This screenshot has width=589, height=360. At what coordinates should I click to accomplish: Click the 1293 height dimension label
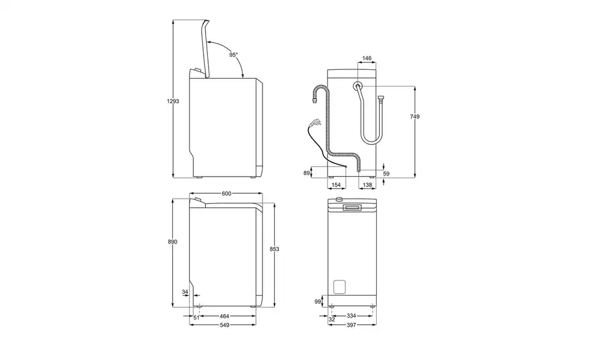[x=173, y=101]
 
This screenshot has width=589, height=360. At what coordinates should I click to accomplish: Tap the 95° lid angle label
[x=234, y=55]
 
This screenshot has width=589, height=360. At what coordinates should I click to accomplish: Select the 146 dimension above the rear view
[x=367, y=58]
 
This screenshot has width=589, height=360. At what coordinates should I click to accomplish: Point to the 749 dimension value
[x=415, y=117]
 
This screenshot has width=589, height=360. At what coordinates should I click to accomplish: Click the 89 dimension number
[x=307, y=173]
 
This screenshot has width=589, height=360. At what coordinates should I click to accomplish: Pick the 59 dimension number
[x=386, y=174]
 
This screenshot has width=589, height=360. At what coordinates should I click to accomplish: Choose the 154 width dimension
[x=336, y=185]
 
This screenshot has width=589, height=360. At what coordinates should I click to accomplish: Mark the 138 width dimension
[x=368, y=185]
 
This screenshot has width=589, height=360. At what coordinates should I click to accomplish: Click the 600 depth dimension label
[x=226, y=194]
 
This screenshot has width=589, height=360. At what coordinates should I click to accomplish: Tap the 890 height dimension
[x=172, y=242]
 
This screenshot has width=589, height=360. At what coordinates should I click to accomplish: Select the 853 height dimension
[x=275, y=249]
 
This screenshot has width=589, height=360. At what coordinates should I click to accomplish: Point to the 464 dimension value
[x=225, y=316]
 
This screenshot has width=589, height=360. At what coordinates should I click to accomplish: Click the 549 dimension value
[x=225, y=325]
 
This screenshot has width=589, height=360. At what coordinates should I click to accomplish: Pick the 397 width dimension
[x=351, y=325]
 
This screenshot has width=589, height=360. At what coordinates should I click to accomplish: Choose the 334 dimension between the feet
[x=351, y=316]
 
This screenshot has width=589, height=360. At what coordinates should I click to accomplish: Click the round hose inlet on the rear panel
[x=358, y=86]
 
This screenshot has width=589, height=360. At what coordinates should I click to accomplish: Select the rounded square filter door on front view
[x=340, y=287]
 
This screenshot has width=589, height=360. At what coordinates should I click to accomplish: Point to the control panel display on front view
[x=352, y=207]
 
